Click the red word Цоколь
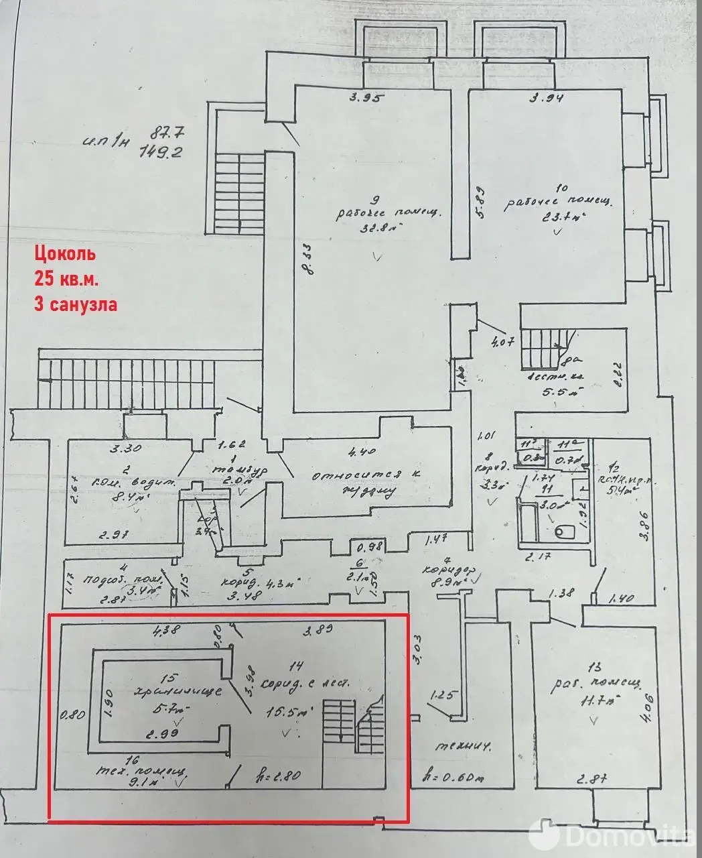point(65,254)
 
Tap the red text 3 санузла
point(76,304)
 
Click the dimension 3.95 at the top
point(368,98)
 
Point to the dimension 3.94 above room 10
point(547,99)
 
